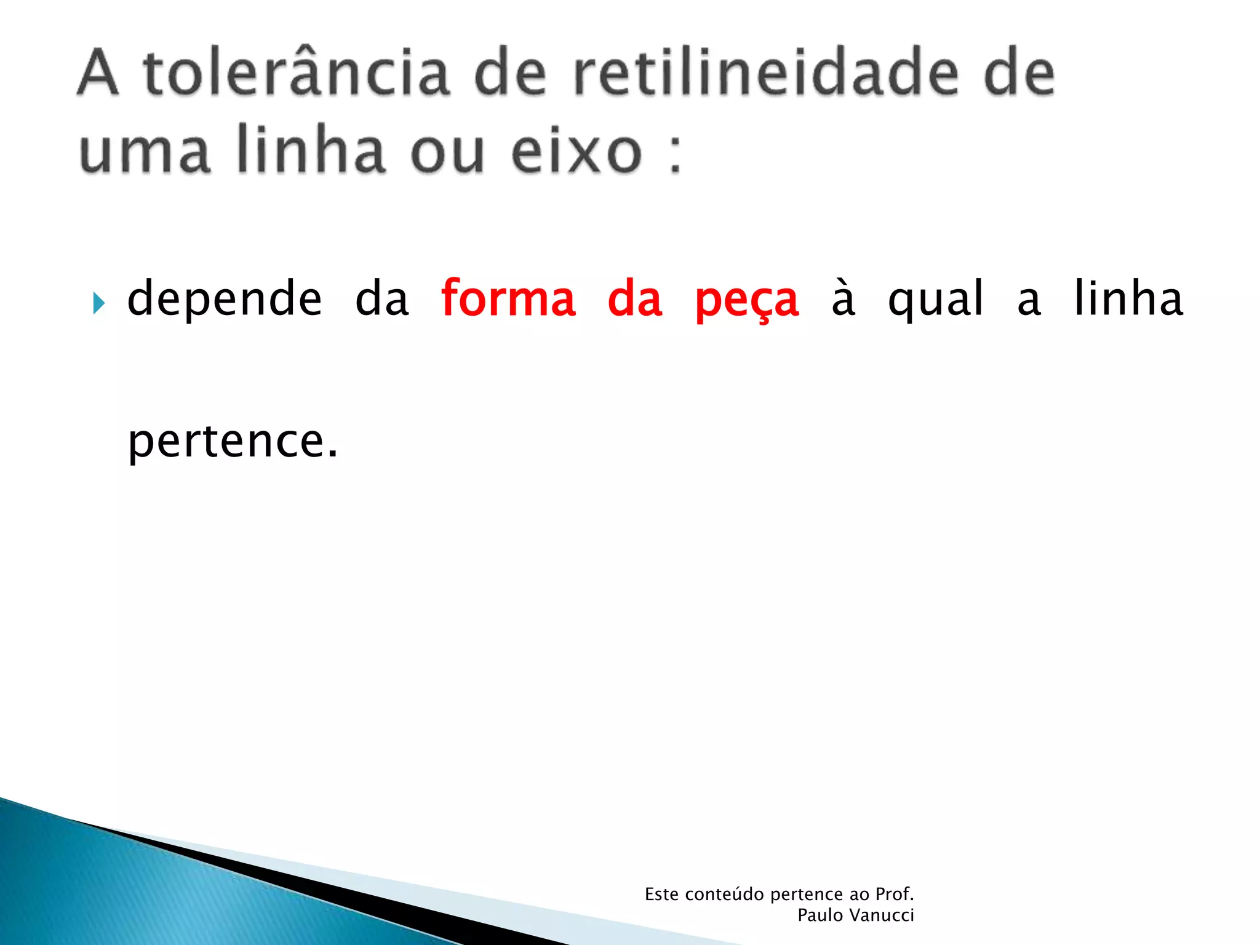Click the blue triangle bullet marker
(x=98, y=303)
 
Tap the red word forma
(x=508, y=299)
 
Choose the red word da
(x=635, y=299)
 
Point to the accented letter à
(x=843, y=299)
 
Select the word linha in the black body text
(x=1128, y=298)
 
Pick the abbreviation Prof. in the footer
(x=895, y=894)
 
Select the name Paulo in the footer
(x=820, y=915)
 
